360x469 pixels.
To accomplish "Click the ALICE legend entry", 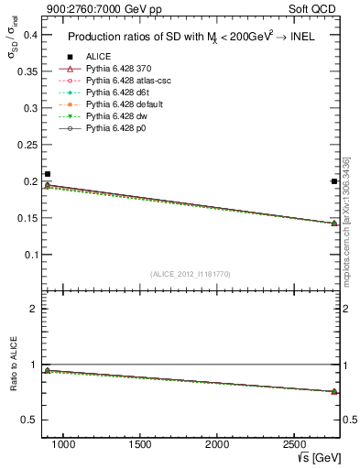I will (98, 57).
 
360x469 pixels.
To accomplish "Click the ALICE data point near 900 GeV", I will (48, 174).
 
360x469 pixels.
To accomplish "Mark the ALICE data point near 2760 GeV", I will (334, 181).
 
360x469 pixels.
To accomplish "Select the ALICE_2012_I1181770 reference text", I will (191, 274).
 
